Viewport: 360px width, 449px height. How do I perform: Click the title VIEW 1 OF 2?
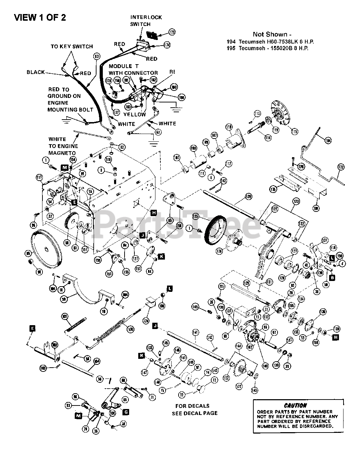pyautogui.click(x=40, y=18)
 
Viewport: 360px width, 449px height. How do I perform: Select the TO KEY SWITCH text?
pyautogui.click(x=72, y=46)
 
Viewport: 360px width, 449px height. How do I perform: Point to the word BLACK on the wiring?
pyautogui.click(x=35, y=72)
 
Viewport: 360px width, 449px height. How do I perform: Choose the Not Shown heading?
pyautogui.click(x=272, y=34)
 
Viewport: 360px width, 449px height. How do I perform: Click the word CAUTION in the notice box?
pyautogui.click(x=295, y=405)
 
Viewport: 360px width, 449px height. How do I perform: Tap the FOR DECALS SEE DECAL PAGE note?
pyautogui.click(x=194, y=409)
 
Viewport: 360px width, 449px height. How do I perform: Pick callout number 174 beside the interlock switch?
pyautogui.click(x=167, y=45)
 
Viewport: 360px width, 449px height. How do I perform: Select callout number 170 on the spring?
pyautogui.click(x=131, y=329)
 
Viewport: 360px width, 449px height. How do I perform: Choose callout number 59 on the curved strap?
pyautogui.click(x=64, y=299)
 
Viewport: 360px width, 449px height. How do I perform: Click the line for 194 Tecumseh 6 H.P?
pyautogui.click(x=271, y=41)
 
